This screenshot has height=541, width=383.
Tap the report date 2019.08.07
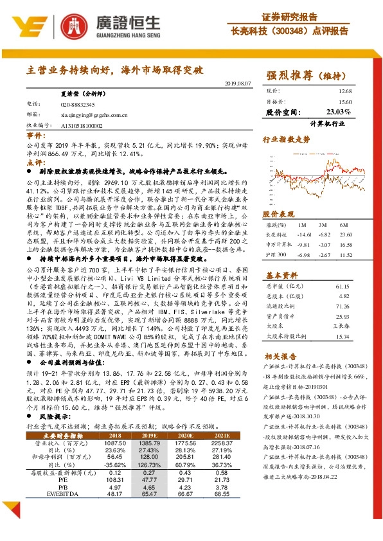point(239,84)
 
